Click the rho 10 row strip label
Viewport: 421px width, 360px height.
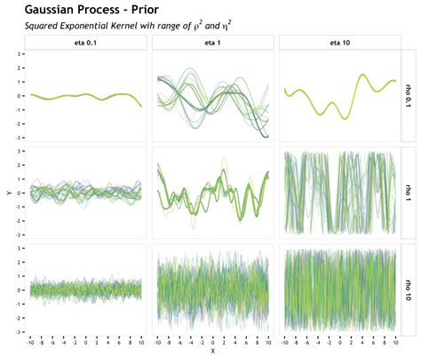coord(409,288)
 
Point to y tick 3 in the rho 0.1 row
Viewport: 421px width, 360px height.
coord(20,54)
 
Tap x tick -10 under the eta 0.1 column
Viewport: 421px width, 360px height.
coord(30,341)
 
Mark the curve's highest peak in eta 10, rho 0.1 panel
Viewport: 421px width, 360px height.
coord(363,75)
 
